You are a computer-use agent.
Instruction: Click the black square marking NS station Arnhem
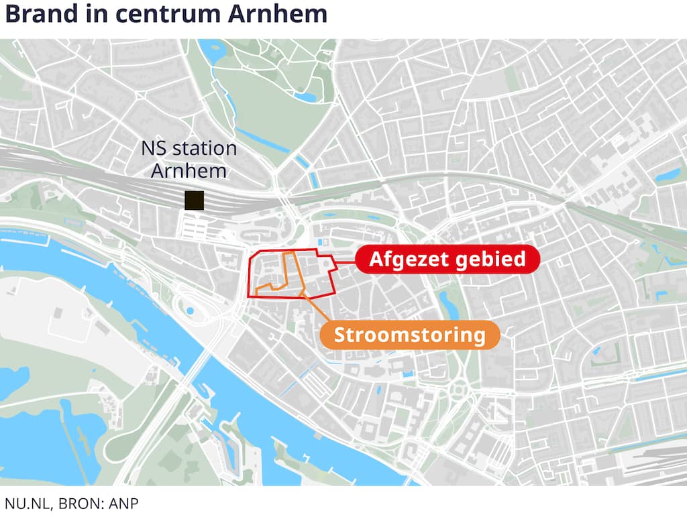pyautogui.click(x=195, y=200)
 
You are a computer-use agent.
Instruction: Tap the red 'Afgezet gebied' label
pyautogui.click(x=447, y=259)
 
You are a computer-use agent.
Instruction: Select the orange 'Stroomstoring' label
pyautogui.click(x=409, y=335)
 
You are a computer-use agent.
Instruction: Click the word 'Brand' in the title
pyautogui.click(x=40, y=14)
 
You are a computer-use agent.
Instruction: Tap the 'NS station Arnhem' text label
pyautogui.click(x=189, y=159)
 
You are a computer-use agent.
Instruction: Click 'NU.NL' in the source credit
pyautogui.click(x=25, y=504)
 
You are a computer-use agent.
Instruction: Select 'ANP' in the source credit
pyautogui.click(x=124, y=504)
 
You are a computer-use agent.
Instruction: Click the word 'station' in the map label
pyautogui.click(x=204, y=148)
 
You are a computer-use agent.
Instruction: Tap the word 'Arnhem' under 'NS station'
pyautogui.click(x=189, y=170)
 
